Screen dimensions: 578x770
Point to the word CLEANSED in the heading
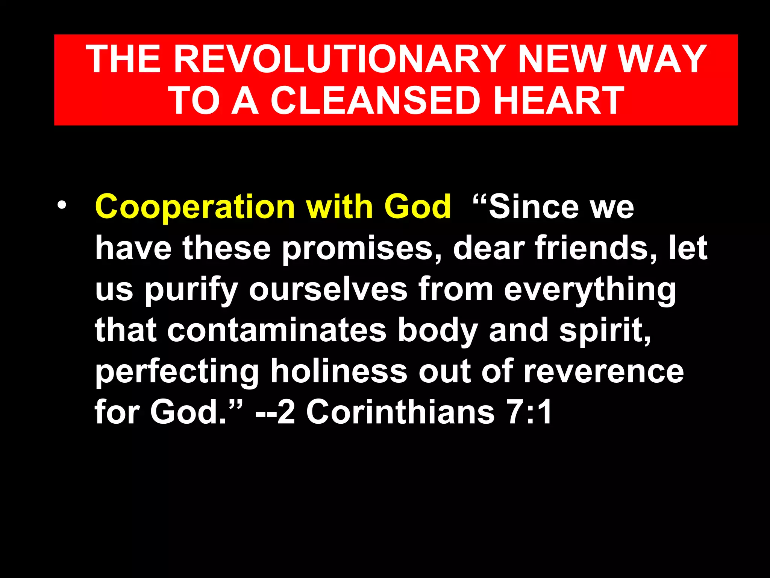pyautogui.click(x=376, y=100)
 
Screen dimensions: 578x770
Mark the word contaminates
pyautogui.click(x=277, y=330)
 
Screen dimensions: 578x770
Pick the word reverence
pyautogui.click(x=603, y=372)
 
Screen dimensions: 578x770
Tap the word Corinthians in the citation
pyautogui.click(x=400, y=412)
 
